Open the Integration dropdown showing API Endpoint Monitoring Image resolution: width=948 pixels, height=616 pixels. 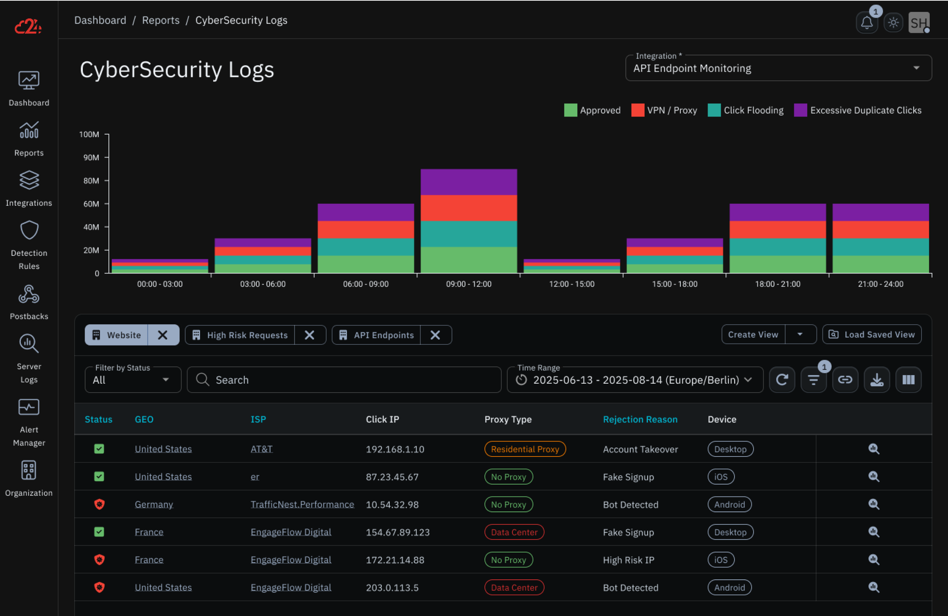(778, 68)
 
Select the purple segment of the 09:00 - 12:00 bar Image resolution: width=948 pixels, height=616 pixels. (468, 182)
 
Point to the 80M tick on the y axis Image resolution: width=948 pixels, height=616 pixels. (91, 180)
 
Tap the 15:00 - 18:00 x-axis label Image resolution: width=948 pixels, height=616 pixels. (674, 284)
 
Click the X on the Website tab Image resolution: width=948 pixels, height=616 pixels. (162, 335)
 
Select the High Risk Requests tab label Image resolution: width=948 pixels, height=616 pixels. (247, 335)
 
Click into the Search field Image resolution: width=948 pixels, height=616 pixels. (350, 380)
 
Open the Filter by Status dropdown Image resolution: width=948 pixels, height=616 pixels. (132, 380)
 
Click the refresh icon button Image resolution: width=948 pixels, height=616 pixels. (782, 380)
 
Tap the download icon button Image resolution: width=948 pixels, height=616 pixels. (877, 380)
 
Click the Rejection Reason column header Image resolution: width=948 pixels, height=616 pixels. (640, 419)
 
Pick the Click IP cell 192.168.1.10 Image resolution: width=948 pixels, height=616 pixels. (395, 449)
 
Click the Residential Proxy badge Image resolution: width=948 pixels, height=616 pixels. (525, 449)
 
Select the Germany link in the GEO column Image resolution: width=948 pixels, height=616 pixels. (154, 504)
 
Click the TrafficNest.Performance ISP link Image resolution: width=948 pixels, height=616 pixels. (302, 504)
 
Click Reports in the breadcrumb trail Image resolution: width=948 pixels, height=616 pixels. (160, 20)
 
